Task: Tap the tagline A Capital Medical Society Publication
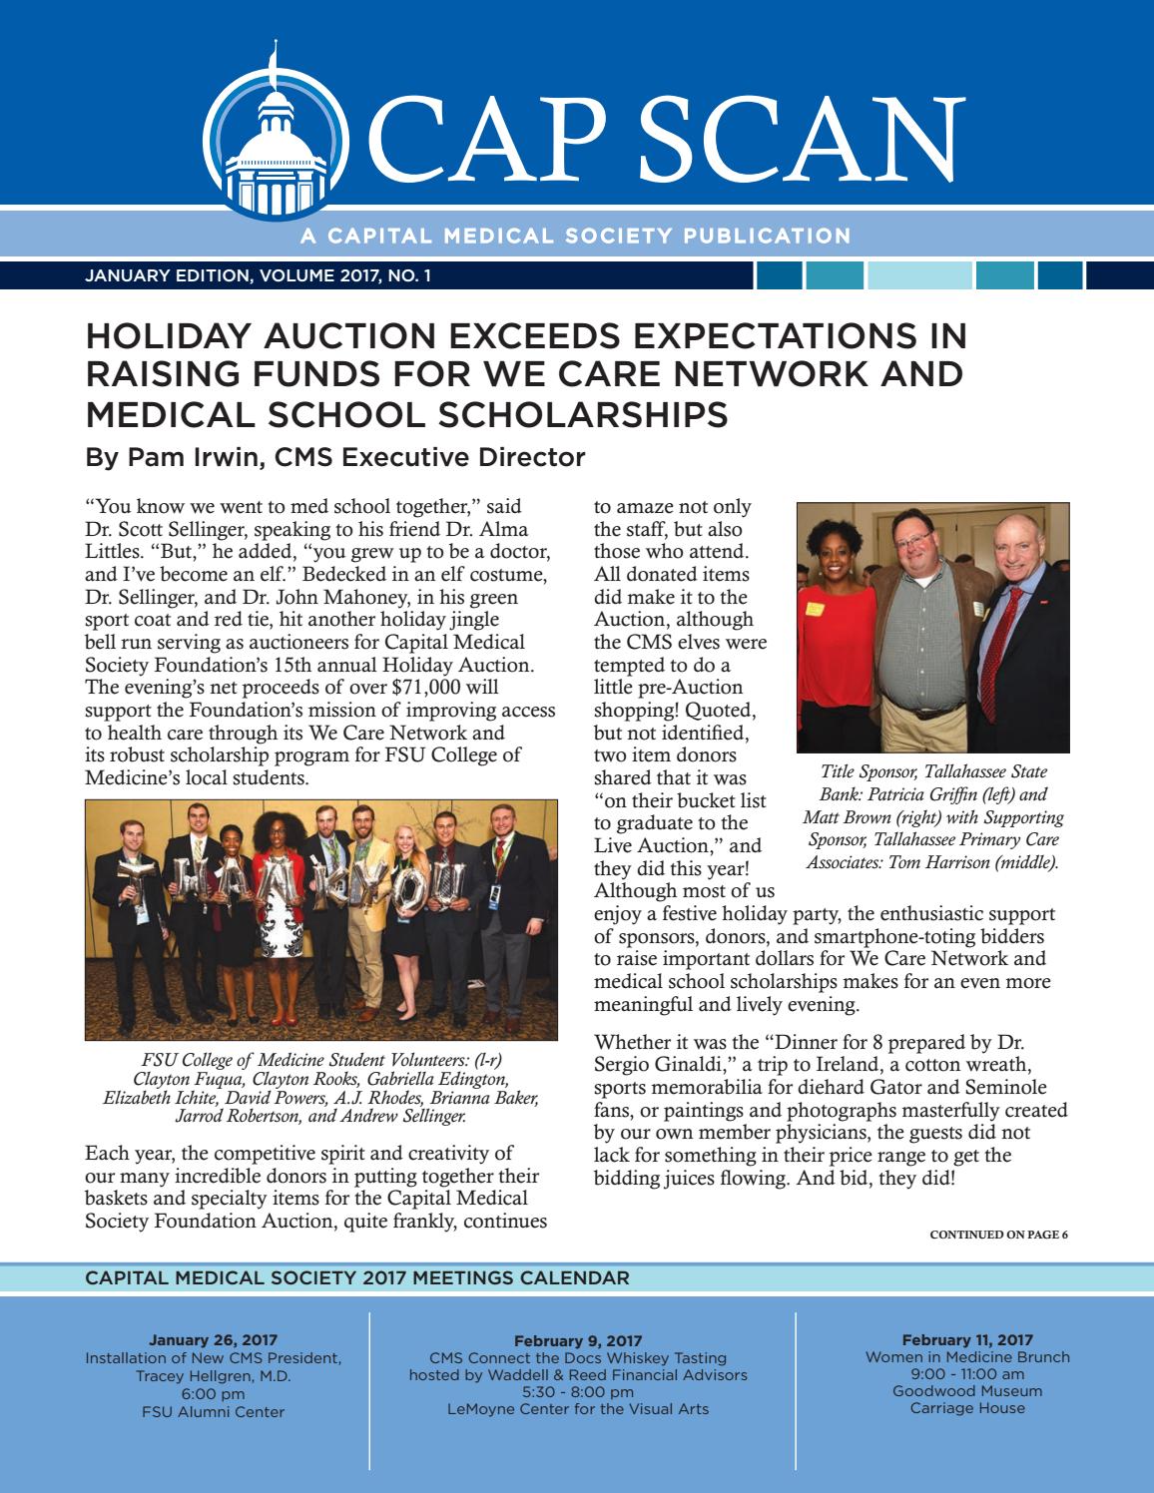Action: [574, 237]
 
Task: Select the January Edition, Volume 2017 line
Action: [259, 275]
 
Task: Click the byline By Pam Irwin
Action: [334, 458]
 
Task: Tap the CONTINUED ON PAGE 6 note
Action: [998, 1235]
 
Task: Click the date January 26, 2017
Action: [214, 1339]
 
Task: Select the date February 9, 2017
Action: [578, 1340]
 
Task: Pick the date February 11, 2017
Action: [966, 1339]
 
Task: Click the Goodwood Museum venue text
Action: [966, 1391]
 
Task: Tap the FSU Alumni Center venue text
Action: [214, 1411]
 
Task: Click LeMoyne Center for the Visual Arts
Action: [578, 1408]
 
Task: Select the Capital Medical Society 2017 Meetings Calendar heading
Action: [357, 1277]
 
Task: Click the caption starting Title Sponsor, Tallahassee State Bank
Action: [933, 816]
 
